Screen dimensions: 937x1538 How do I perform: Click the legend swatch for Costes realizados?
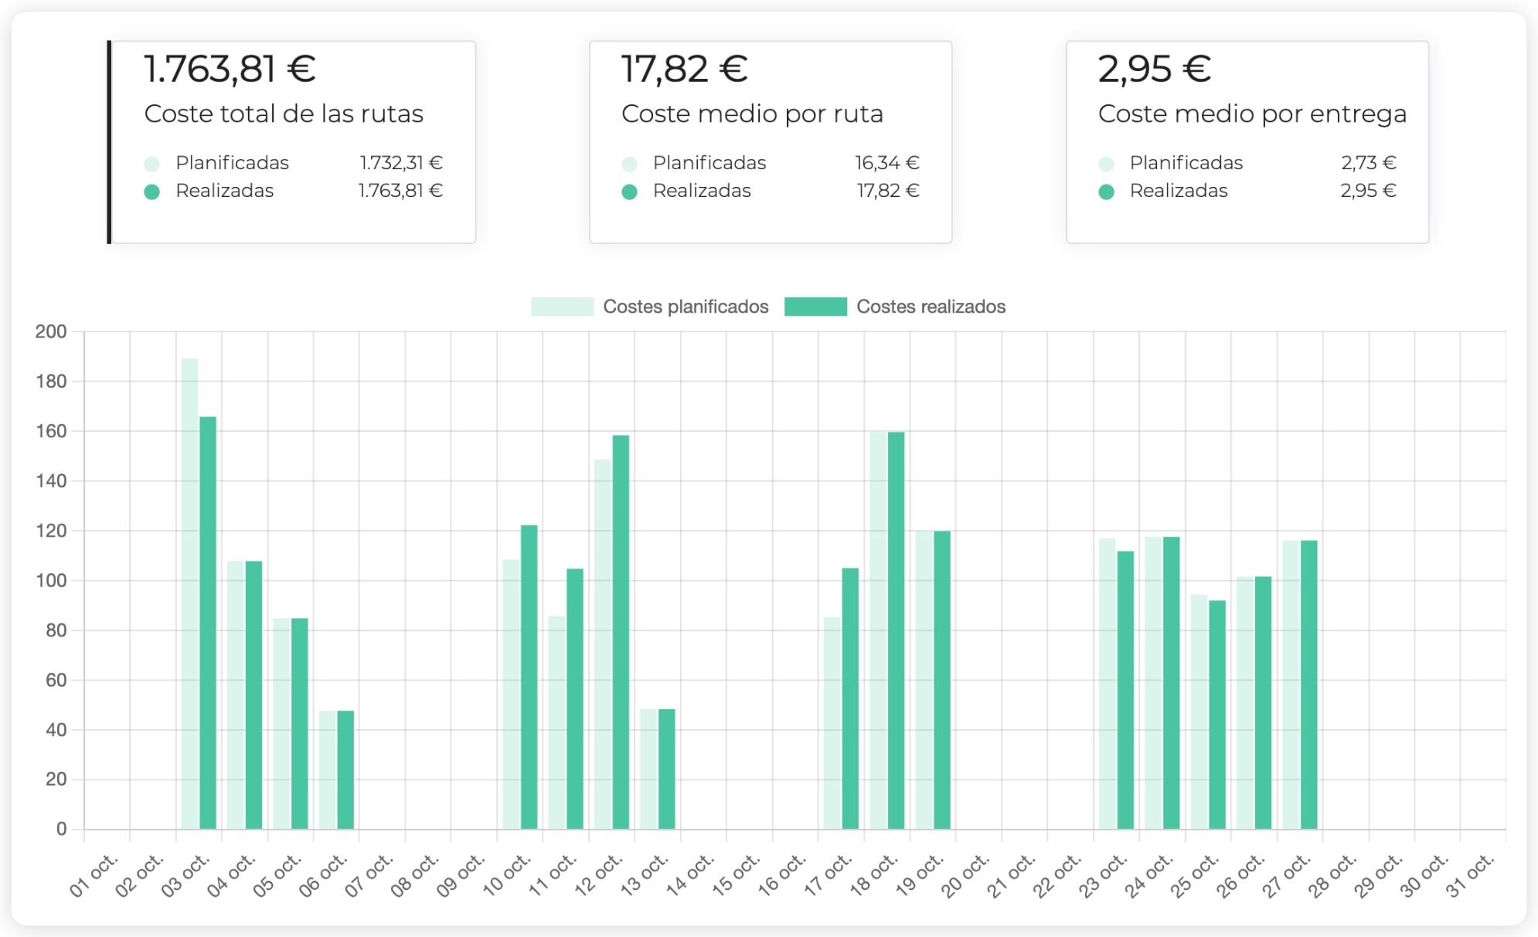coord(815,307)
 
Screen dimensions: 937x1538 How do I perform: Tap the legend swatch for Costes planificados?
coord(562,307)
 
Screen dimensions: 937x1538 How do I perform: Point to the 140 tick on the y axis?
coord(51,481)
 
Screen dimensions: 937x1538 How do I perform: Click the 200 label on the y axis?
coord(51,332)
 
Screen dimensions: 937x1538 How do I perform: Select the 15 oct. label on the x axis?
coord(735,876)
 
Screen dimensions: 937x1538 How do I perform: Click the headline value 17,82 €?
coord(684,69)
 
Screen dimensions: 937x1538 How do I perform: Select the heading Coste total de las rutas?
coord(284,114)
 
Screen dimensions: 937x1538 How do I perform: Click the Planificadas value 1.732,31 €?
coord(400,163)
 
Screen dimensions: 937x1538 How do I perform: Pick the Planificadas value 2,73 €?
coord(1368,163)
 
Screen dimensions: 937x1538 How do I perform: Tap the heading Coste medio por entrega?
coord(1252,114)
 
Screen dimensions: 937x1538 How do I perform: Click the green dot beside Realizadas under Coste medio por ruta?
coord(629,192)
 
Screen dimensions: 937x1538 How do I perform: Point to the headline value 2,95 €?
coord(1154,69)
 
